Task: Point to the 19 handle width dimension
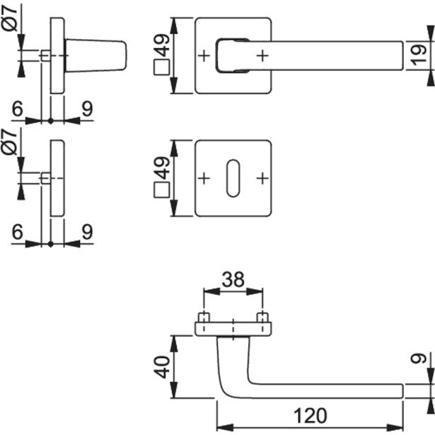tap(419, 55)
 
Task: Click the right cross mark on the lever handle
tap(262, 55)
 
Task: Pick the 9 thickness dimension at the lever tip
tap(419, 361)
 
